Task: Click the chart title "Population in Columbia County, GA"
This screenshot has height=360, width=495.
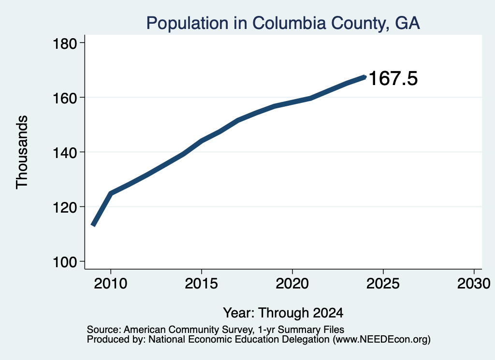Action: (283, 23)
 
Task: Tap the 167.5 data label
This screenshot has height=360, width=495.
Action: (393, 79)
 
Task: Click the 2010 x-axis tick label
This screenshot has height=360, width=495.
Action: (111, 283)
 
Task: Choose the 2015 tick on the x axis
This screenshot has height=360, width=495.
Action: (202, 283)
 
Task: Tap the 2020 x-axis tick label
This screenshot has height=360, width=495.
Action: (292, 283)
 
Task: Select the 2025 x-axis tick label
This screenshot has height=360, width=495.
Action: (383, 283)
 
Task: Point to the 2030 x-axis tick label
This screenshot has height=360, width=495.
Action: (474, 283)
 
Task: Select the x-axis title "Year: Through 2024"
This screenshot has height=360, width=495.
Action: (283, 313)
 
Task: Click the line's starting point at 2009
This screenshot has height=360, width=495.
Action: (93, 225)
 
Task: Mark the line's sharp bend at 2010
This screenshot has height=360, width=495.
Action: (111, 193)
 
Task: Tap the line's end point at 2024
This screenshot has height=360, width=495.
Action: (365, 77)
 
